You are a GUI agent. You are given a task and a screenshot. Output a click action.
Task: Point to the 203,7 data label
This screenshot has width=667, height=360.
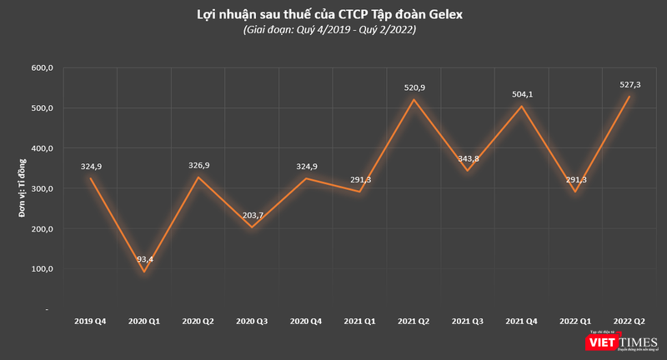click(253, 215)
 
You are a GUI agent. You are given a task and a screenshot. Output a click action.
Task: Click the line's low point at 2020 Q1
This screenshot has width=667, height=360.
click(144, 271)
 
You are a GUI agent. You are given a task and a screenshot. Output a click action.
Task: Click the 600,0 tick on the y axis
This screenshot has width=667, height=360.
click(42, 68)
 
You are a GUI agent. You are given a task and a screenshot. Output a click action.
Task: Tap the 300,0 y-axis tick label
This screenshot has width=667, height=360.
click(42, 188)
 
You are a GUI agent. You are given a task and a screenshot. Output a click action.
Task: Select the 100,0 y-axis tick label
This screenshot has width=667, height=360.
click(42, 269)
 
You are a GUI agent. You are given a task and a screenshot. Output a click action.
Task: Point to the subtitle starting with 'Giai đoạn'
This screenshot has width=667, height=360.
click(331, 31)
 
